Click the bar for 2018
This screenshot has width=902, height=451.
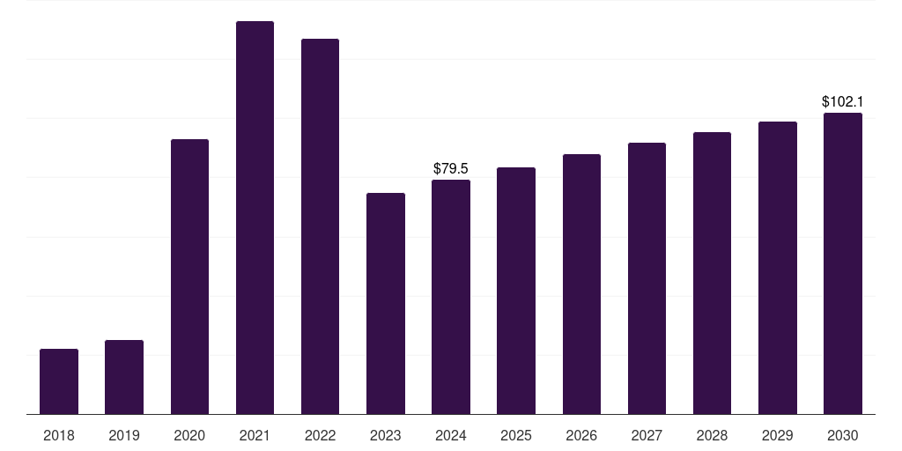click(x=59, y=381)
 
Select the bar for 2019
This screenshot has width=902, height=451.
click(x=124, y=377)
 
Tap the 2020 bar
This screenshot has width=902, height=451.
click(x=189, y=277)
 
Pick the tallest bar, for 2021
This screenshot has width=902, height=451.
click(x=255, y=218)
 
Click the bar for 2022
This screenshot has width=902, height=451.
click(x=320, y=226)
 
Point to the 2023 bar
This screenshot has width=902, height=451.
click(x=386, y=303)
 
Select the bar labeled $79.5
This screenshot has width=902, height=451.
click(x=451, y=297)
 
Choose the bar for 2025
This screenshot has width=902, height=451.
click(x=516, y=291)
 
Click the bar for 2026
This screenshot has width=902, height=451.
click(x=581, y=284)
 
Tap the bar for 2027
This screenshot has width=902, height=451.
click(x=647, y=278)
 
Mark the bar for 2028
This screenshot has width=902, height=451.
click(x=712, y=273)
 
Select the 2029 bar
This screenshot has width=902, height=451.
click(x=778, y=268)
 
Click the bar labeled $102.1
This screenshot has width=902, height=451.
click(x=843, y=263)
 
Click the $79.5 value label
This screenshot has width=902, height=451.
click(x=451, y=168)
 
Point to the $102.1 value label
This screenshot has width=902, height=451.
click(x=842, y=101)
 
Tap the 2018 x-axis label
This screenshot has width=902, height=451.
click(x=59, y=435)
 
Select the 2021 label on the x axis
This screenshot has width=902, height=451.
click(x=255, y=435)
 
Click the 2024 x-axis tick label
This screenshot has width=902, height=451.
click(x=451, y=435)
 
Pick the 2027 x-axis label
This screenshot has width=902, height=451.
click(x=647, y=435)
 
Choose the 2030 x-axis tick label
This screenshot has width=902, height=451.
click(x=843, y=435)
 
